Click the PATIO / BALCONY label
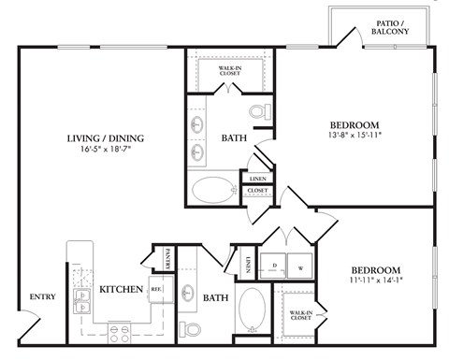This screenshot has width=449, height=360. click(389, 26)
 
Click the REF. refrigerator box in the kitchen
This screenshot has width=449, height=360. click(156, 291)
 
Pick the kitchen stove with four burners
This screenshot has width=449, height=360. click(120, 330)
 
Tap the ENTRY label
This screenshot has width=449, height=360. click(43, 297)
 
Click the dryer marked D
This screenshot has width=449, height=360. click(273, 265)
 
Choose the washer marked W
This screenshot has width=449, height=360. click(301, 265)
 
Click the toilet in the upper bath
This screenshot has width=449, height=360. click(260, 113)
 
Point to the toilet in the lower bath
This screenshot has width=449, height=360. click(191, 329)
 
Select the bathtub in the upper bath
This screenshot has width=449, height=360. click(214, 190)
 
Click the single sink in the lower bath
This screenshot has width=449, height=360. click(187, 292)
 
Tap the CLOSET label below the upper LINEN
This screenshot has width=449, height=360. click(256, 191)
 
